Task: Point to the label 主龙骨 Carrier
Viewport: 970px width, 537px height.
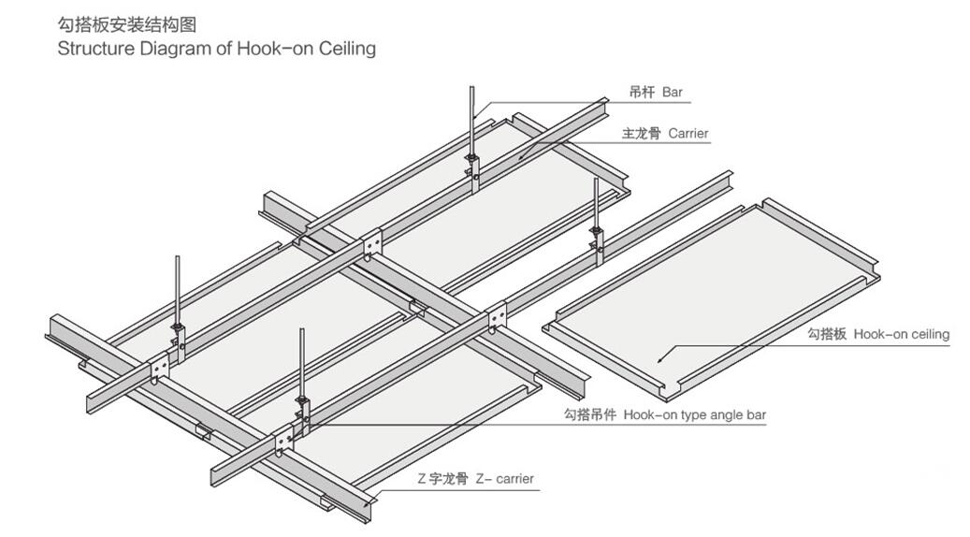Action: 665,134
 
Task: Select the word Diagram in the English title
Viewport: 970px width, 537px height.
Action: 170,49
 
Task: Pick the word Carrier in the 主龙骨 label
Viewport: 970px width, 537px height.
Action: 688,134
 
